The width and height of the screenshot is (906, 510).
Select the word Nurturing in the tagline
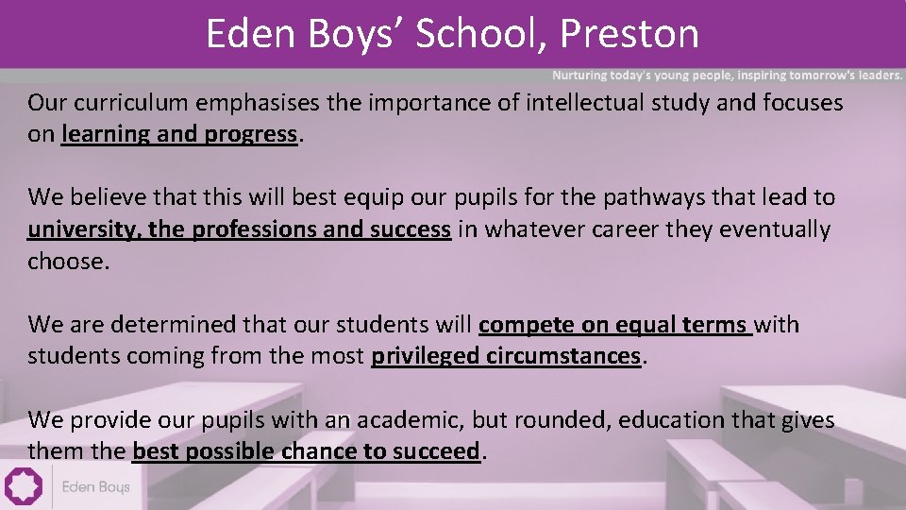(x=582, y=75)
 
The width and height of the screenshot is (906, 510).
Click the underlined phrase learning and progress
(x=179, y=134)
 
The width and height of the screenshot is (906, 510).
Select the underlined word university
(x=83, y=229)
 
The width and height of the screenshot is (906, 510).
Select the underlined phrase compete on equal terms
(x=613, y=325)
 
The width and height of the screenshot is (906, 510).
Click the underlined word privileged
(x=426, y=356)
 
